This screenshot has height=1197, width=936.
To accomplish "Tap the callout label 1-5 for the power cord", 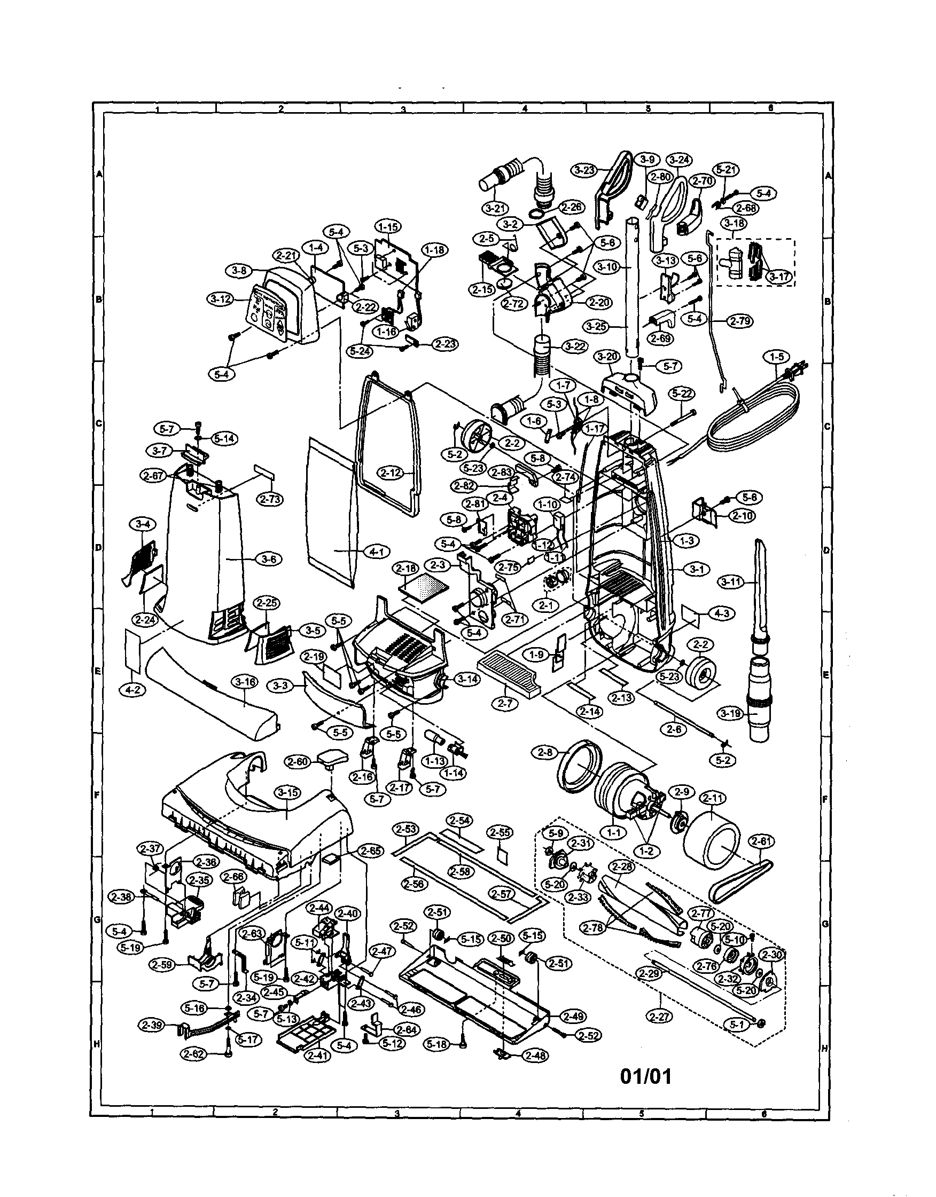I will tap(776, 357).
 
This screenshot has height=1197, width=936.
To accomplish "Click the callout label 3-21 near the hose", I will tap(495, 208).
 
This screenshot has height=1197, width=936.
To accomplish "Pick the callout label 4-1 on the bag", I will tap(376, 552).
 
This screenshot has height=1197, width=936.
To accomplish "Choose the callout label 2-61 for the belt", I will tap(761, 841).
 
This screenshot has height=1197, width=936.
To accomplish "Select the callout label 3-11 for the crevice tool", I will tap(732, 582).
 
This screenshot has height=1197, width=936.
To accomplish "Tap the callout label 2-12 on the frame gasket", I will tap(391, 472).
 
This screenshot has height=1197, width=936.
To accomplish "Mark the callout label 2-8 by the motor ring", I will tap(545, 753).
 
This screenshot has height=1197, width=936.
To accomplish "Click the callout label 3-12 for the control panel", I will tap(221, 299).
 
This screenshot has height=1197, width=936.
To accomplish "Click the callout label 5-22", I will tap(682, 393).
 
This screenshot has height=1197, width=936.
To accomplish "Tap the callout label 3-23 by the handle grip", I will tap(584, 170).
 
